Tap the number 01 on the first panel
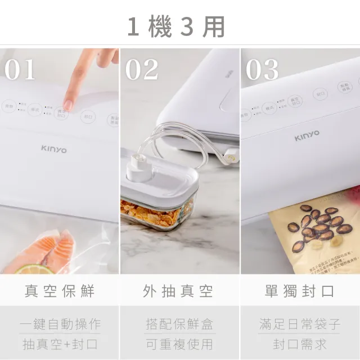pyautogui.click(x=21, y=70)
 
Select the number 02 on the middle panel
pyautogui.click(x=141, y=70)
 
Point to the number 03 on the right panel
pyautogui.click(x=262, y=70)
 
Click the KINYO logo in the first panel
pyautogui.click(x=53, y=149)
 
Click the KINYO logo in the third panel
pyautogui.click(x=307, y=134)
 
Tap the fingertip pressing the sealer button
pyautogui.click(x=69, y=104)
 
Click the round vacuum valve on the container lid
pyautogui.click(x=137, y=166)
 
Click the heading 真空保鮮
pyautogui.click(x=60, y=291)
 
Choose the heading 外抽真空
pyautogui.click(x=179, y=291)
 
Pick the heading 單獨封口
pyautogui.click(x=300, y=291)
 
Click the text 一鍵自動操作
pyautogui.click(x=60, y=324)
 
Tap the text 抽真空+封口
pyautogui.click(x=60, y=343)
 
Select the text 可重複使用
pyautogui.click(x=179, y=343)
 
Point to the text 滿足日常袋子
pyautogui.click(x=300, y=324)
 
